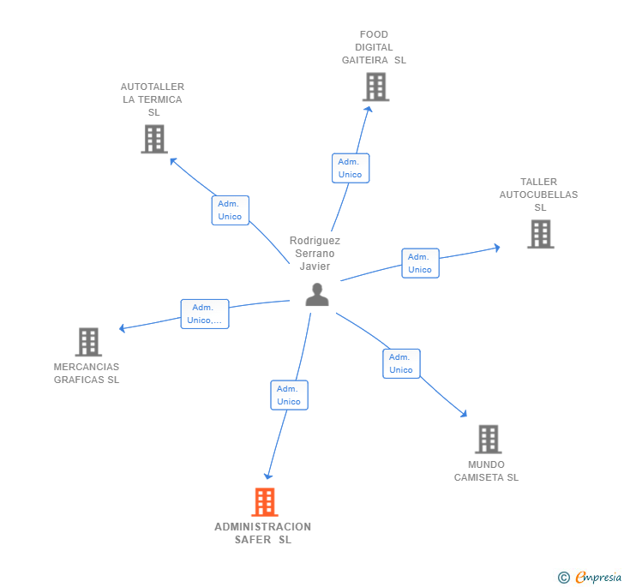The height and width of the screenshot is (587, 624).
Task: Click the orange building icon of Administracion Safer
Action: pos(265,502)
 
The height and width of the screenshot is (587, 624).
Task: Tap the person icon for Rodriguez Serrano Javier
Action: pos(317,295)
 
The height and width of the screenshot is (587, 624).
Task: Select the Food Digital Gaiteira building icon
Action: pos(375,87)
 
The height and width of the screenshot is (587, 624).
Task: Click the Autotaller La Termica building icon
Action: pos(154,139)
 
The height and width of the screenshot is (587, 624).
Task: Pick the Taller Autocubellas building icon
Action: pos(541,234)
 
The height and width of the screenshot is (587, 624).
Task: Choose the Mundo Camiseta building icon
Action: pos(489,440)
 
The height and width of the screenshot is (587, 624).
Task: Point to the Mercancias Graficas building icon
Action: pos(88,342)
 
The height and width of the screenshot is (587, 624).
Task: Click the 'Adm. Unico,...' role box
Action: pos(205,314)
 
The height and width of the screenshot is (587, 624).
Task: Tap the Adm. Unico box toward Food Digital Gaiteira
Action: pos(351,168)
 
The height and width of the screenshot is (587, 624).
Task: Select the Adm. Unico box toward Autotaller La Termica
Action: pos(231,210)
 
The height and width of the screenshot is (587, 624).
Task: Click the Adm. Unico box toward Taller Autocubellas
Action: pos(420,263)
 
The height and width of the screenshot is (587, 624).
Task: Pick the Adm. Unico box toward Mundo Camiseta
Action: pos(401,363)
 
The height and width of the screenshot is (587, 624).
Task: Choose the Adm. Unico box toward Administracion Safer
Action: pos(290,395)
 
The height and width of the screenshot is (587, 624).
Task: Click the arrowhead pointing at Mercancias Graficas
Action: pos(123,328)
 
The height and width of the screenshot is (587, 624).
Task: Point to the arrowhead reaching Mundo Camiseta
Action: pos(464,414)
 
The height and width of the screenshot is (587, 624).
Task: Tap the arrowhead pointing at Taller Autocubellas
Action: pos(496,248)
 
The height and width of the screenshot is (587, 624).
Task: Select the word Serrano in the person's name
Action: pos(315,254)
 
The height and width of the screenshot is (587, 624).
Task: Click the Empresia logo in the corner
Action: pos(590,577)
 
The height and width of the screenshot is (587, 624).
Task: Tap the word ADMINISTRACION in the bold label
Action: pos(262,526)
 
